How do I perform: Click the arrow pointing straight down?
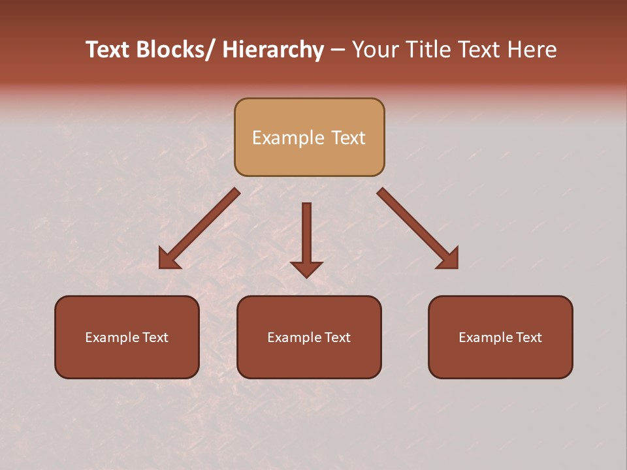[x=306, y=235]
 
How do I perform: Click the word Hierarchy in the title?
[x=273, y=50]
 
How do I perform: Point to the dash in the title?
[x=338, y=50]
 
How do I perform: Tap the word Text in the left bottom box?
[x=155, y=337]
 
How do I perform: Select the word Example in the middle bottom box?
[x=293, y=337]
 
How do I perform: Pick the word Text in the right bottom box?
[x=528, y=337]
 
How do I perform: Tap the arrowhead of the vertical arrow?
[x=306, y=269]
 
